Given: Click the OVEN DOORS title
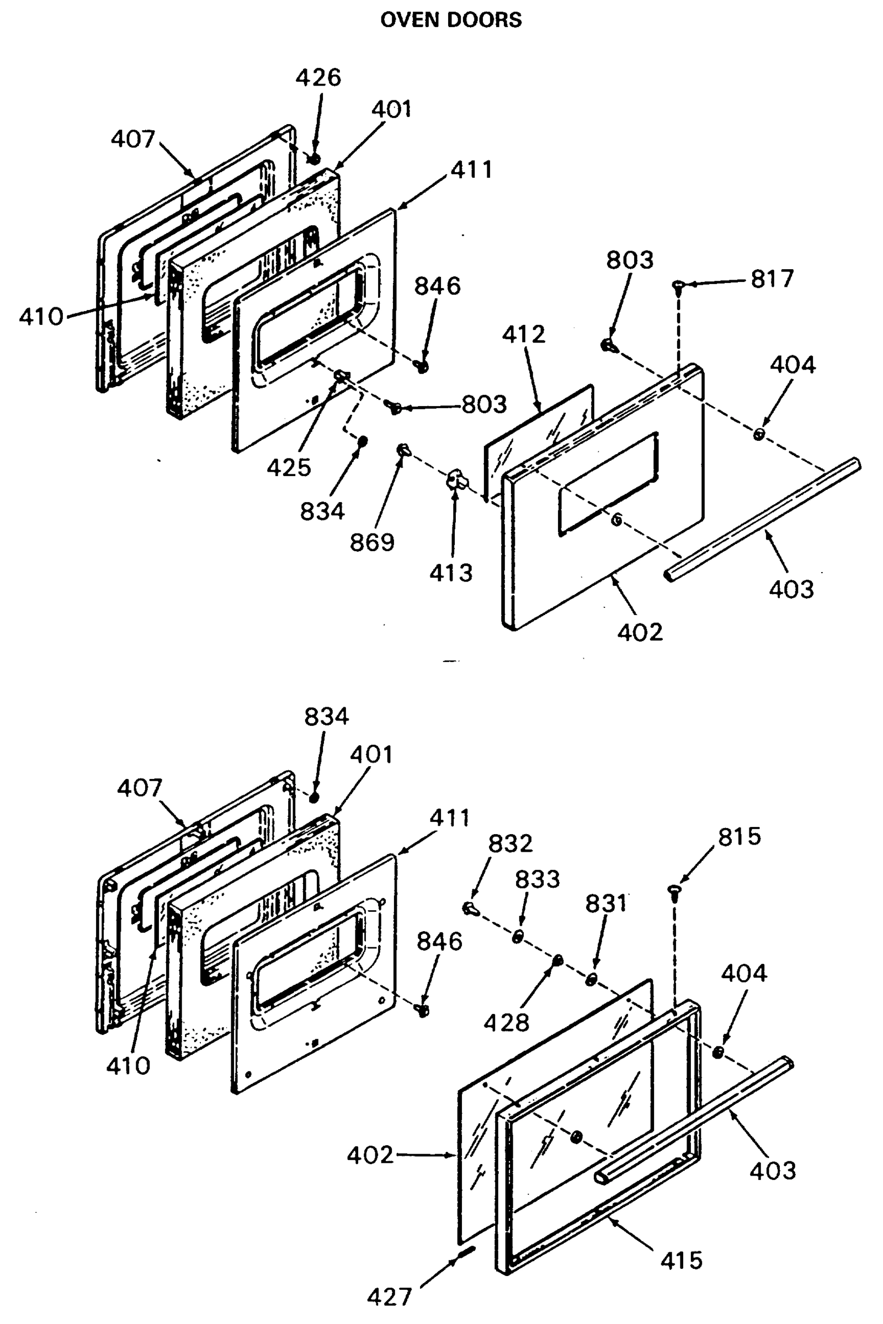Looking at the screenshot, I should (450, 20).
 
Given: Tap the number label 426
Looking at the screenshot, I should (319, 77).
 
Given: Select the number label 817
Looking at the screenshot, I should (772, 279).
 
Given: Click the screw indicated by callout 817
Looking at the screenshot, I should (679, 286).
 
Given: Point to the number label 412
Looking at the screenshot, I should (524, 334).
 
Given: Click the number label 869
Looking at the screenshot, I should (372, 543).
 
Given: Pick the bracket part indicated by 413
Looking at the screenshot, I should (457, 481).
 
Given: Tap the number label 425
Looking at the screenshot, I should (289, 467).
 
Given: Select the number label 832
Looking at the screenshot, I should (510, 843).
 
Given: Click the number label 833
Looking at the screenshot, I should (537, 879).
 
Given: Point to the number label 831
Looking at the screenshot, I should (606, 904).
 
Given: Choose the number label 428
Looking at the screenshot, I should (507, 1022).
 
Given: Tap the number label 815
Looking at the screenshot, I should (739, 836).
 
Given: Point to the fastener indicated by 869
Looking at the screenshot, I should (404, 449).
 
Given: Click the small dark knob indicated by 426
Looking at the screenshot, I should (314, 158).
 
